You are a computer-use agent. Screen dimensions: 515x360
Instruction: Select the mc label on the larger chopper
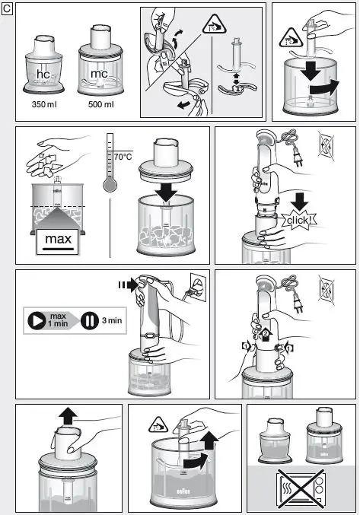click(x=99, y=75)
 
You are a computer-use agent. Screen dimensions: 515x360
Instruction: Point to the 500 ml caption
click(x=100, y=103)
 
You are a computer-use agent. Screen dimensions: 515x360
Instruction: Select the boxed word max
click(x=58, y=241)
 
